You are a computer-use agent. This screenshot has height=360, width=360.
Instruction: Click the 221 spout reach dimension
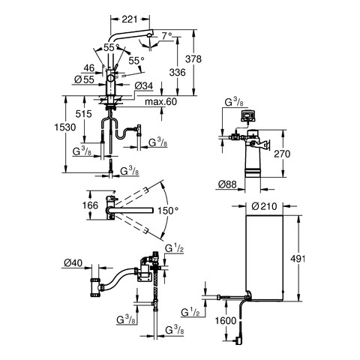click(130, 19)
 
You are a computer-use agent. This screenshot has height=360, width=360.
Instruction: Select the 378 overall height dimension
click(193, 59)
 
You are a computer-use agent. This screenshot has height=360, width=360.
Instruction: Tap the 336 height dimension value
click(178, 73)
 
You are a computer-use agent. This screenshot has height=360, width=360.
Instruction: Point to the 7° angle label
click(166, 37)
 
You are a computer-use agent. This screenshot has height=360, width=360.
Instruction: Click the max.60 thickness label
click(160, 102)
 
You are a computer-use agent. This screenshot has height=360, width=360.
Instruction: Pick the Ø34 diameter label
click(143, 86)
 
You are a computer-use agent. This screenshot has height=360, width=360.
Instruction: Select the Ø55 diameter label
click(85, 79)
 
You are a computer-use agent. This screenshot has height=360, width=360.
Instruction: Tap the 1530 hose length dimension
click(65, 127)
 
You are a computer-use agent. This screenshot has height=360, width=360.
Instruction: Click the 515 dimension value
click(84, 114)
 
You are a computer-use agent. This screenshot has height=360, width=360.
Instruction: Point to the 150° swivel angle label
click(169, 211)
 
